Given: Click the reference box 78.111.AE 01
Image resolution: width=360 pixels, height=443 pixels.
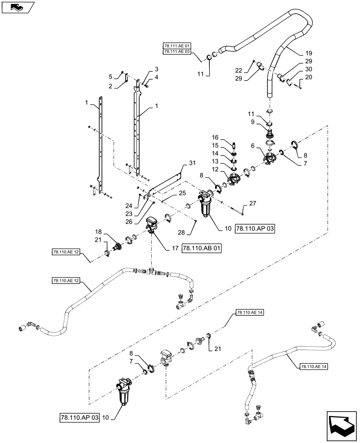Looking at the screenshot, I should pyautogui.click(x=177, y=46).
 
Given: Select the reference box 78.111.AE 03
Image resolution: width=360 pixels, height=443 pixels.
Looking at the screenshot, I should pyautogui.click(x=177, y=52).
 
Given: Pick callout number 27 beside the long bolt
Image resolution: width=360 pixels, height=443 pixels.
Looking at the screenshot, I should pyautogui.click(x=253, y=203).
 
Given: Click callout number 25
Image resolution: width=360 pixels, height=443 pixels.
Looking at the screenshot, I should pyautogui.click(x=182, y=194).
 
